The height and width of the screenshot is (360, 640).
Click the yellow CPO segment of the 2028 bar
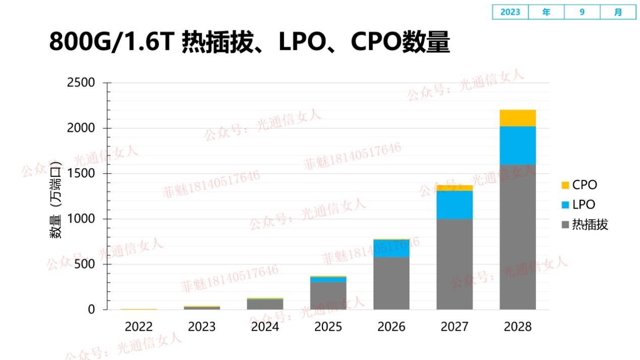point(517,118)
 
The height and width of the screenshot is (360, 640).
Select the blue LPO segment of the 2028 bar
point(517,145)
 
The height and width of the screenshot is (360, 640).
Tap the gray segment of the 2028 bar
point(517,237)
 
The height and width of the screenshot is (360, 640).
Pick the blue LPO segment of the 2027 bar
point(454,205)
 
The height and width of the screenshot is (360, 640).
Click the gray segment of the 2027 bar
point(454,264)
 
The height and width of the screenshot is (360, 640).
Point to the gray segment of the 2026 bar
point(391,283)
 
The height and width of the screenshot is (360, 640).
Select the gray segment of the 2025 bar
point(328,295)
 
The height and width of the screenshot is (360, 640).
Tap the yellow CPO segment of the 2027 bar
point(454,188)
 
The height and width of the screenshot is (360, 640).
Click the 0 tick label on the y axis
point(91,310)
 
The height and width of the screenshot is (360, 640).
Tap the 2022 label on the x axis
point(139,327)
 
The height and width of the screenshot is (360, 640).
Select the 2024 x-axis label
point(265,327)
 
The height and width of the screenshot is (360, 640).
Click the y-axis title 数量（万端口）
point(56,200)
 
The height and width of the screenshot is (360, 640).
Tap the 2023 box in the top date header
point(510,12)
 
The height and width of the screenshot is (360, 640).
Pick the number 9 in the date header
point(582,12)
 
